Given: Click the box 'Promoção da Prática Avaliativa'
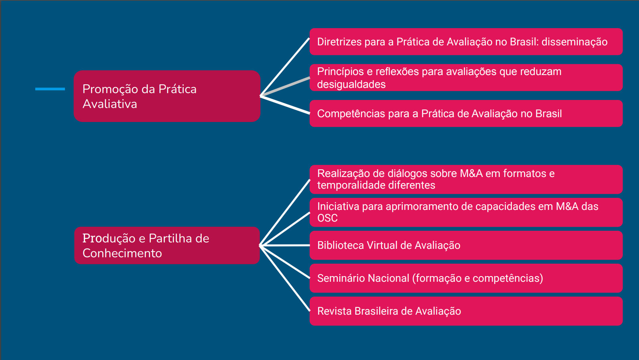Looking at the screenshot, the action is tap(167, 96).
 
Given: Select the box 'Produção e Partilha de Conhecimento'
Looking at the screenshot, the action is tap(167, 246).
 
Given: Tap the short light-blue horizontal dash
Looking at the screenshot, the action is tap(50, 89).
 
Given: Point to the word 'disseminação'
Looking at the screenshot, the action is tap(574, 42).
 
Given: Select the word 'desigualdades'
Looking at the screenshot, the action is tap(351, 85).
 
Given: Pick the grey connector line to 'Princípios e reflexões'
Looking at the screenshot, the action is tap(285, 87).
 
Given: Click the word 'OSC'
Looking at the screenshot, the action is tap(327, 218).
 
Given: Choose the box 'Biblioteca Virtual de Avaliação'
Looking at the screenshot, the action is tap(466, 245).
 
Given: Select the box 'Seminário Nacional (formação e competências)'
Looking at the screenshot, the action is tap(466, 278).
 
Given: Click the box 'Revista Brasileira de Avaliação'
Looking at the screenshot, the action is tap(466, 311).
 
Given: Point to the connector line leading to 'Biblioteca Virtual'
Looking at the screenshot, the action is tap(284, 245).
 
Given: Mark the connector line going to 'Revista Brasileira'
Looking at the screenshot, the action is tap(285, 279).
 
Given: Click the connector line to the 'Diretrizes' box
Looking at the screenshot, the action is tap(285, 67).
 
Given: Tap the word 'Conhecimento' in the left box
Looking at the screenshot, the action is tap(122, 253).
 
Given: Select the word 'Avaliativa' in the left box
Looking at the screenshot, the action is tap(110, 104).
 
